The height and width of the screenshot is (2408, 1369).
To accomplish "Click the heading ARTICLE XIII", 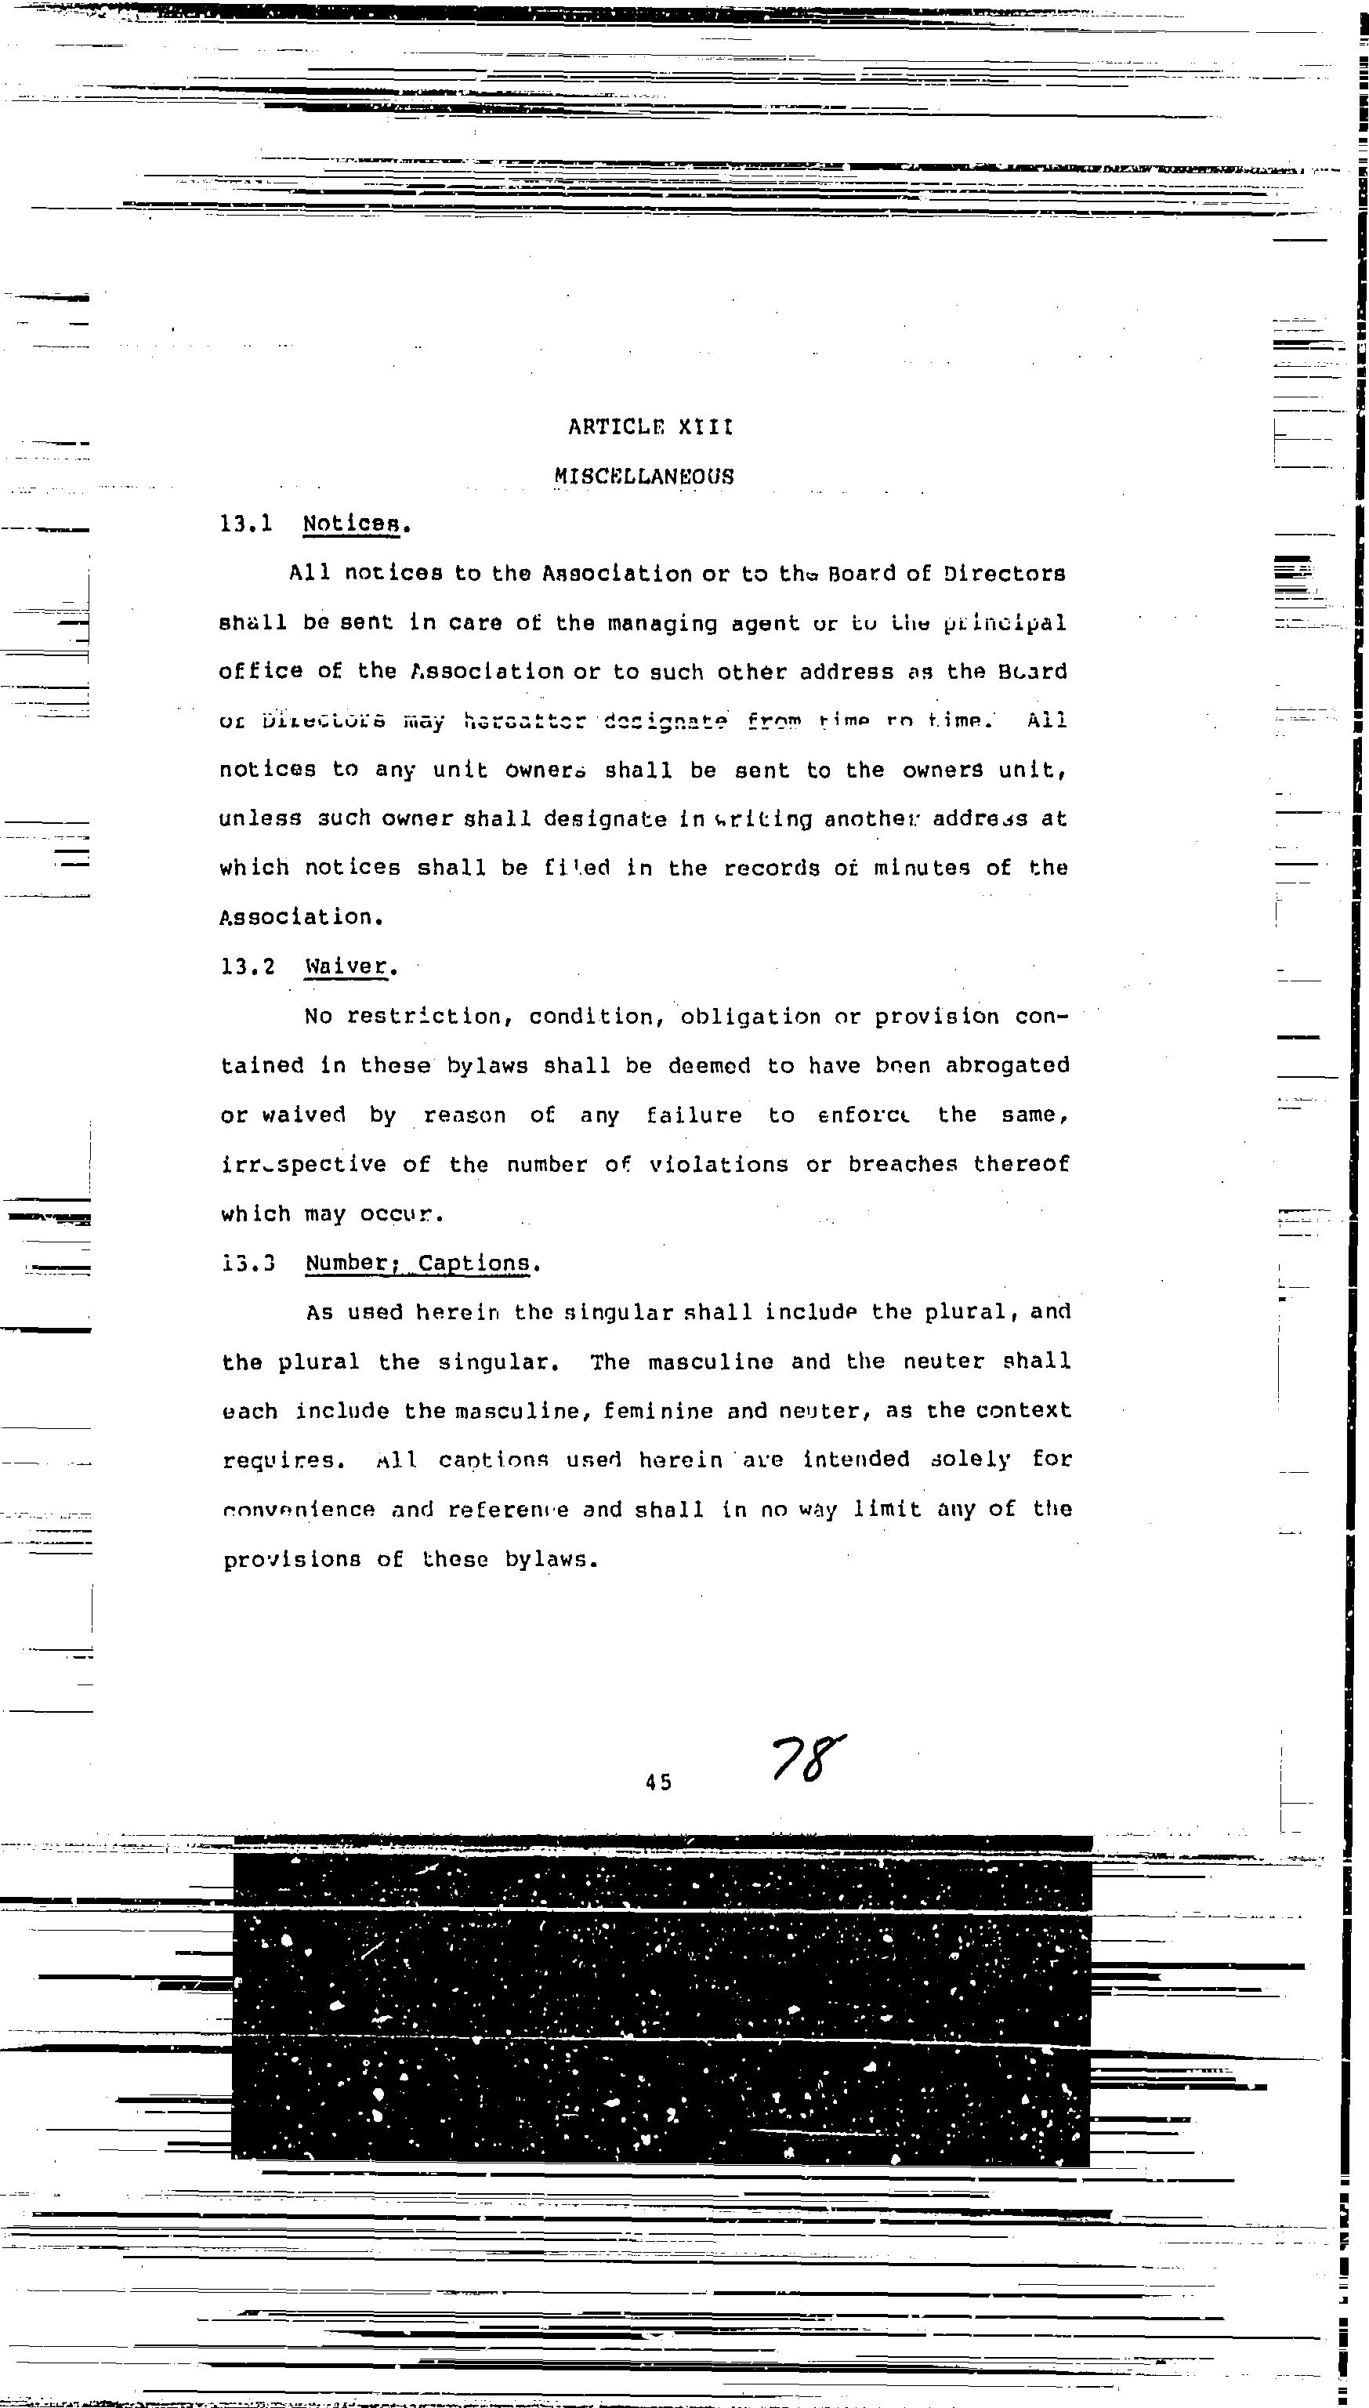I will tap(650, 428).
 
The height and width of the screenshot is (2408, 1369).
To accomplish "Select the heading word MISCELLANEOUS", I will tap(644, 477).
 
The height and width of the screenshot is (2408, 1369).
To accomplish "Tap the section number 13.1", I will tap(246, 524).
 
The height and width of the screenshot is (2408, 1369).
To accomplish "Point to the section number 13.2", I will tap(248, 966).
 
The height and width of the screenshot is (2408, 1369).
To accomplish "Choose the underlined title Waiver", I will tap(346, 966).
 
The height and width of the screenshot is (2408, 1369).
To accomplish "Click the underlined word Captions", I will tap(475, 1263).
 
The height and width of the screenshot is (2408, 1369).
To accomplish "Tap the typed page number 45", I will tap(659, 1781).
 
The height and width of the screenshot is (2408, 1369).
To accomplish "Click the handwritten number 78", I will tap(806, 1757).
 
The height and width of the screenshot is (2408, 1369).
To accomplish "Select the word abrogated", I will tap(1007, 1065).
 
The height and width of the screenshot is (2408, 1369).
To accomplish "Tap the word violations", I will tap(719, 1165).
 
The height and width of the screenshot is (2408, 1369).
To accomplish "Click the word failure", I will tap(694, 1115).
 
